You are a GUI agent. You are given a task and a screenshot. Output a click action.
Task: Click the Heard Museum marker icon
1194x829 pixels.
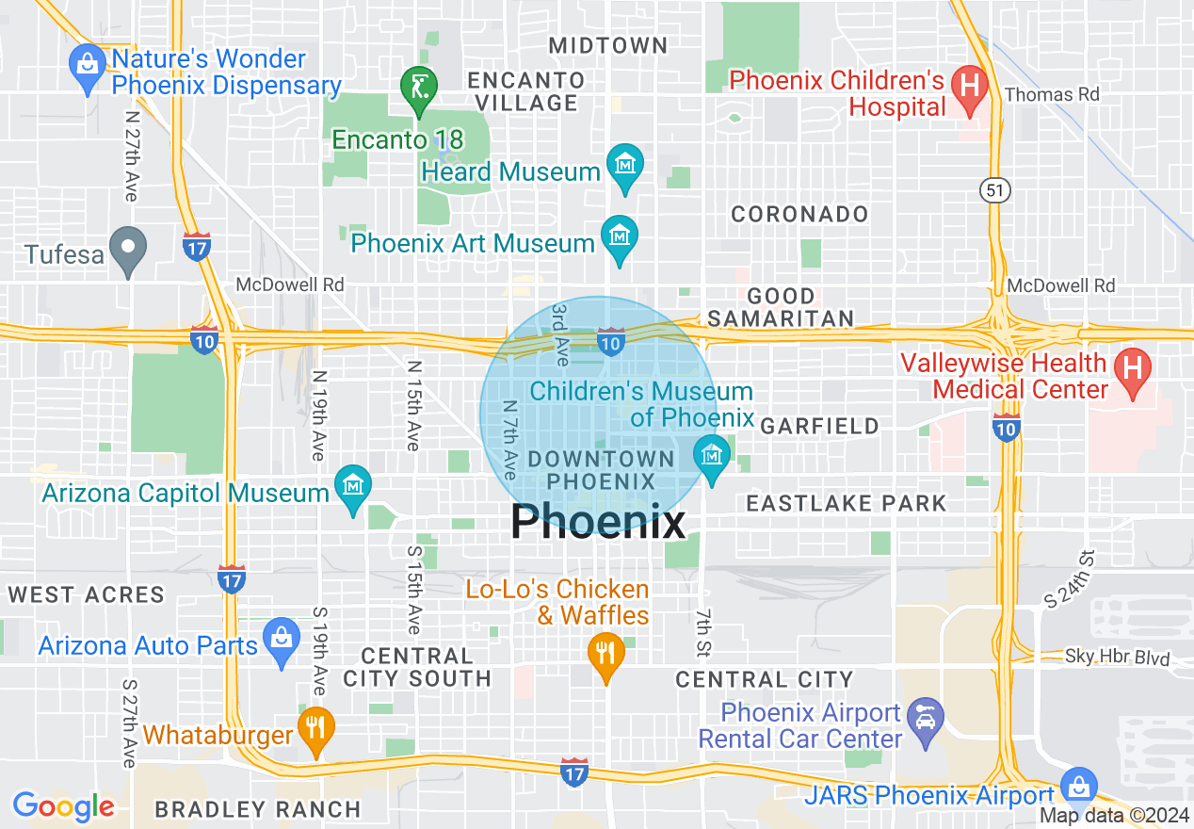pyautogui.click(x=624, y=166)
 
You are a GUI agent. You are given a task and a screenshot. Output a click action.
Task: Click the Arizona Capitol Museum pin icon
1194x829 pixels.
pyautogui.click(x=353, y=487)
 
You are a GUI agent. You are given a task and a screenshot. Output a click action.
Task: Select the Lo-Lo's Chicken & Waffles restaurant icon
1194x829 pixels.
pyautogui.click(x=606, y=652)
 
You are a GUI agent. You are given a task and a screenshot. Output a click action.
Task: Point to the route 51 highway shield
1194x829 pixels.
pyautogui.click(x=994, y=191)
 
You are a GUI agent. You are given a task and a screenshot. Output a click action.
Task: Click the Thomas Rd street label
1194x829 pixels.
pyautogui.click(x=1052, y=94)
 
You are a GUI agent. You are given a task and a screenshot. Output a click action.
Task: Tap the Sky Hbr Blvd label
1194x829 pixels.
pyautogui.click(x=1117, y=658)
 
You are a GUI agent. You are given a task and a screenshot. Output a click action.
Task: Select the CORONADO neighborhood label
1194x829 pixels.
pyautogui.click(x=799, y=215)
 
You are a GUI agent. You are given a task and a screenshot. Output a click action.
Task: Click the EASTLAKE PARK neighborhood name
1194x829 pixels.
pyautogui.click(x=846, y=503)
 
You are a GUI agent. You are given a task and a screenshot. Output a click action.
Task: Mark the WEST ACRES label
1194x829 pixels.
pyautogui.click(x=87, y=594)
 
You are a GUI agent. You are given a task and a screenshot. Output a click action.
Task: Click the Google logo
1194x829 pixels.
pyautogui.click(x=63, y=806)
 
